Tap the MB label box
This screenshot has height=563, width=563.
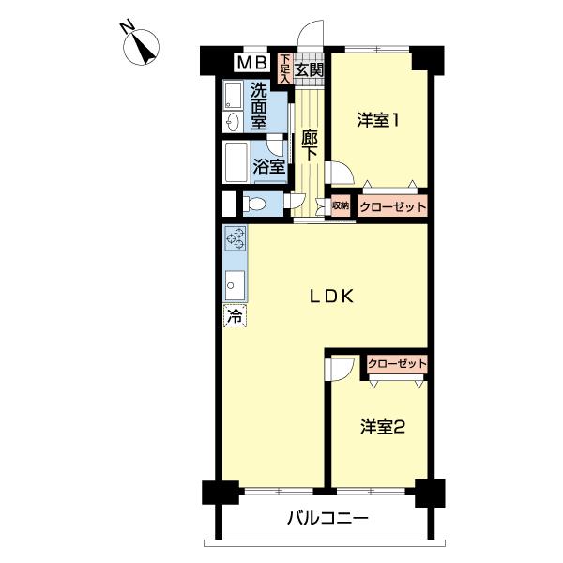click(x=250, y=64)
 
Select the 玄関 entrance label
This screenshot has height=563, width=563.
click(x=309, y=68)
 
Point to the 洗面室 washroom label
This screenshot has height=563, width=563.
click(x=258, y=106)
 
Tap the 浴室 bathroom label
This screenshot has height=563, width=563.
click(x=268, y=168)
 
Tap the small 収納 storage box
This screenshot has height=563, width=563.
click(x=340, y=205)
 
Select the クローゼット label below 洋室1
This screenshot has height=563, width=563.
click(x=393, y=206)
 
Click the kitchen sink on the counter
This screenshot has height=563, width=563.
click(x=235, y=281)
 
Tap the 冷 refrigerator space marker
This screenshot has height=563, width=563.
click(x=234, y=316)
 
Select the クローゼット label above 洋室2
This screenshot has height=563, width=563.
click(x=397, y=363)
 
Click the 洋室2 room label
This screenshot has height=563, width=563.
click(x=383, y=427)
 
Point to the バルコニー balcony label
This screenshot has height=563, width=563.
click(x=327, y=518)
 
